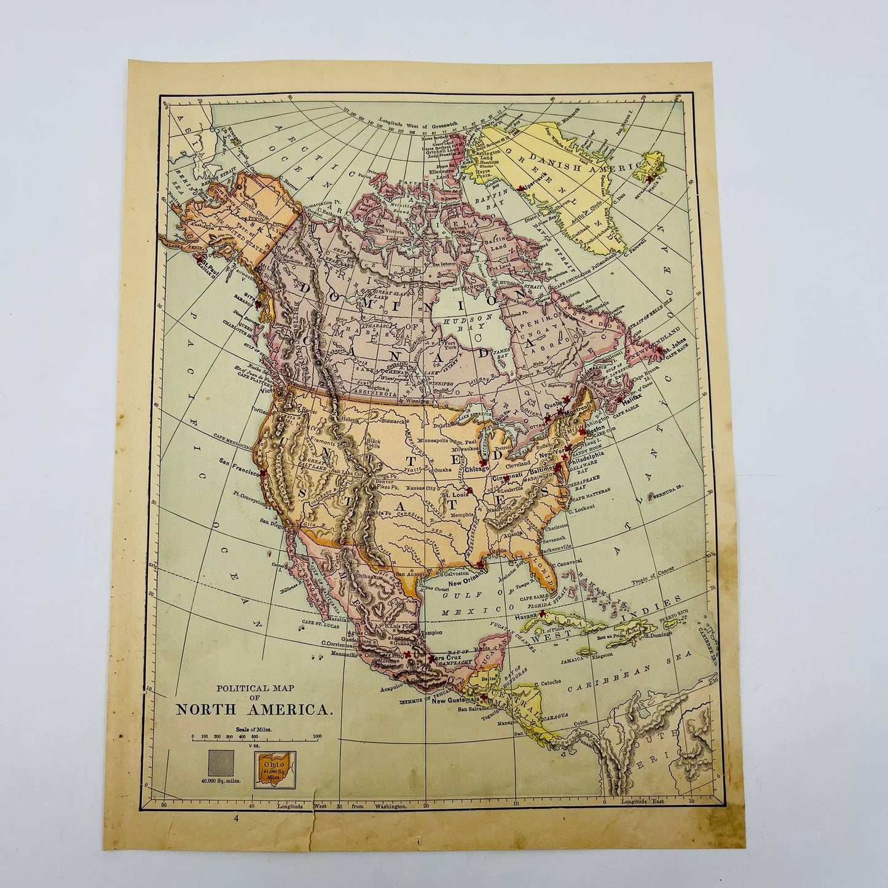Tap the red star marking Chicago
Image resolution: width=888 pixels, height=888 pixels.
(483, 462)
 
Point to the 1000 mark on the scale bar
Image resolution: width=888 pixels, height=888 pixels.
(317, 736)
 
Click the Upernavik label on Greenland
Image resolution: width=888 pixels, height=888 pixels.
(540, 188)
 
